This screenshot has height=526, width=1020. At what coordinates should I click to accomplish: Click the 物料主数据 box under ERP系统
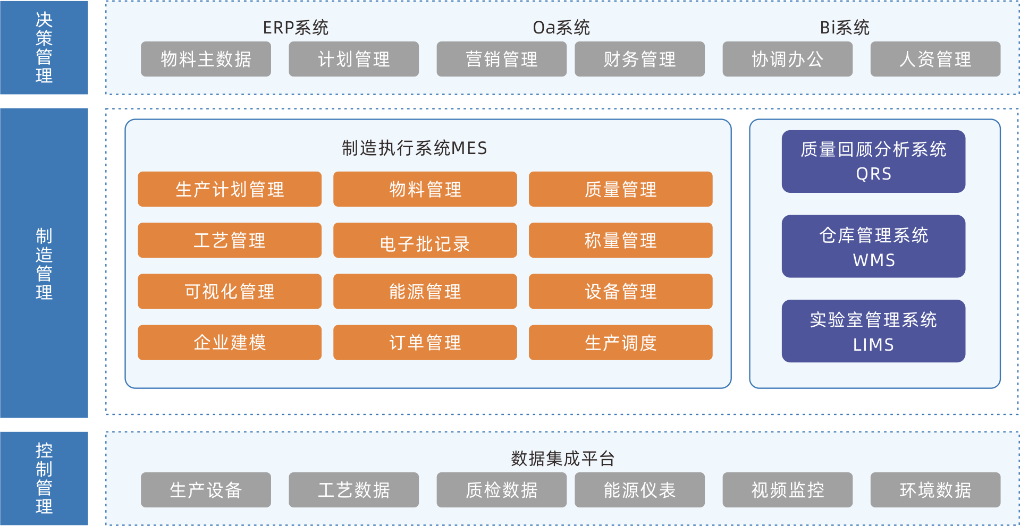[x=206, y=59]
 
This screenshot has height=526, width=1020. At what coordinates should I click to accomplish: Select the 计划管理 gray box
[x=353, y=59]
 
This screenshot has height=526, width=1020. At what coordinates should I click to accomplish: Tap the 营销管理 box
[x=501, y=59]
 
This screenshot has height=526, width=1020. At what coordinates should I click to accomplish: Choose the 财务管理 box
[x=639, y=59]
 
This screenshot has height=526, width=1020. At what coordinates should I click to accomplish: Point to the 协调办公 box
[x=787, y=59]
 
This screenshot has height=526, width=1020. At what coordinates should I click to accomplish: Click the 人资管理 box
[x=935, y=59]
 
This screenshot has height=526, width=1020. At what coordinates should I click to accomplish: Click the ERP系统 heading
[x=296, y=28]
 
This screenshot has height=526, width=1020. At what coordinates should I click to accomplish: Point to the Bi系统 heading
[x=844, y=28]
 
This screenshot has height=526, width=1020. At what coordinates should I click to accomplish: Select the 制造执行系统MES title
[x=414, y=148]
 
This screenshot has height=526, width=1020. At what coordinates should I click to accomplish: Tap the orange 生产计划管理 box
[x=230, y=189]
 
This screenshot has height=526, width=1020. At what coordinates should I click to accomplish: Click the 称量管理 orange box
[x=620, y=241]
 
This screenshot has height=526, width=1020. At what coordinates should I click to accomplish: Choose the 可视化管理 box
[x=230, y=292]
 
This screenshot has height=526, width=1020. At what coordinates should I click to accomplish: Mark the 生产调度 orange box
[x=620, y=343]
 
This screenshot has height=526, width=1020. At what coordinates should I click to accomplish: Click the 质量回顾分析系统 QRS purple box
[x=873, y=162]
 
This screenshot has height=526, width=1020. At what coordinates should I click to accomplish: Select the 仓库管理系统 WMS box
[x=873, y=247]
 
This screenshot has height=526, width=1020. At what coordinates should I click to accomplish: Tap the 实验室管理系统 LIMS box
[x=873, y=331]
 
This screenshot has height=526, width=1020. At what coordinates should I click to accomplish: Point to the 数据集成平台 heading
[x=562, y=459]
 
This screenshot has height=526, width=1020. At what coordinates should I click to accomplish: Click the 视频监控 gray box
[x=787, y=490]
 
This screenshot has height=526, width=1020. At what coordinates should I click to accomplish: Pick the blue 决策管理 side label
[x=44, y=47]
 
